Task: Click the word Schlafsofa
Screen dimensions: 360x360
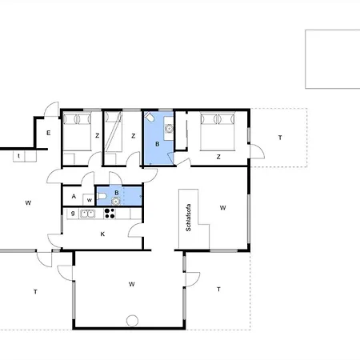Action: pyautogui.click(x=188, y=218)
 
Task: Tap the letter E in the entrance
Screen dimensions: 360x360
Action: pyautogui.click(x=48, y=133)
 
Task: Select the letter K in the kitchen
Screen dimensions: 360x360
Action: pyautogui.click(x=102, y=234)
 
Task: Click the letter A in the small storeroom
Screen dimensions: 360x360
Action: pyautogui.click(x=74, y=197)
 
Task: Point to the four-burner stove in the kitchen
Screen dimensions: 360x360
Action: pyautogui.click(x=110, y=214)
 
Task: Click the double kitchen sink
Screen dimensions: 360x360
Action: pyautogui.click(x=88, y=214)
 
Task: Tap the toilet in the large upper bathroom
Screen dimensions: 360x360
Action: pyautogui.click(x=149, y=117)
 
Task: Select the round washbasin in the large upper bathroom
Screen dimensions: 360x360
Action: pyautogui.click(x=169, y=129)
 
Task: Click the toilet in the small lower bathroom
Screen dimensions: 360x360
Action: pyautogui.click(x=102, y=196)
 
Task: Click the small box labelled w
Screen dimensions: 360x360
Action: pyautogui.click(x=89, y=200)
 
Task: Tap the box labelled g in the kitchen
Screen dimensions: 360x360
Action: pyautogui.click(x=73, y=214)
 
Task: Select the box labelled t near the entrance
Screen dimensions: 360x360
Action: pyautogui.click(x=19, y=156)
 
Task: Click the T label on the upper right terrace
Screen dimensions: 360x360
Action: pyautogui.click(x=280, y=138)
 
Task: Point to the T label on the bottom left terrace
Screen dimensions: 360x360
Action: pyautogui.click(x=35, y=292)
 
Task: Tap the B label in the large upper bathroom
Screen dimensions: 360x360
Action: pyautogui.click(x=158, y=144)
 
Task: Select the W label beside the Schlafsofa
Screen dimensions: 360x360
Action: pyautogui.click(x=222, y=207)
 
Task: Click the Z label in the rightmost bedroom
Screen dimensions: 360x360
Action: pyautogui.click(x=218, y=157)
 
